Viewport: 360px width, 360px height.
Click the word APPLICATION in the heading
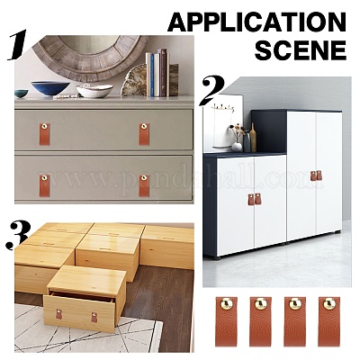(257, 22)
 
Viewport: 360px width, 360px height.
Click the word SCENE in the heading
(301, 50)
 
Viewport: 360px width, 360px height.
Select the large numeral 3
(19, 235)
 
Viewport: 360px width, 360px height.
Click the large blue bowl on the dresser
(50, 88)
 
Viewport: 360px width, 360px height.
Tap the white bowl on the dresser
(94, 91)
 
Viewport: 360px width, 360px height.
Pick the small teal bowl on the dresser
(22, 94)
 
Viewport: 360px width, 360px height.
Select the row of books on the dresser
(157, 73)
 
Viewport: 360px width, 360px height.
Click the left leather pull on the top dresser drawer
(45, 134)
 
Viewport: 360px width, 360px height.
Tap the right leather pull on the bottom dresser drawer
(144, 185)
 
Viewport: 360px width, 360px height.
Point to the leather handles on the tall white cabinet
(316, 175)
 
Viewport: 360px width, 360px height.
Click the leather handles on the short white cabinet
(255, 199)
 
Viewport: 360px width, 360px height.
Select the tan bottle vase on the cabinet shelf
(253, 138)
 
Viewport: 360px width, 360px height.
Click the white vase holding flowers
(237, 147)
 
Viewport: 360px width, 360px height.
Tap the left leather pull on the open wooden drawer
(58, 313)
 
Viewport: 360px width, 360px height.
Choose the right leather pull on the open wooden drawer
(94, 317)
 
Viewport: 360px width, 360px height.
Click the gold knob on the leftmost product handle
(226, 304)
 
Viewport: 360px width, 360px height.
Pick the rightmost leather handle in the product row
(329, 321)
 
